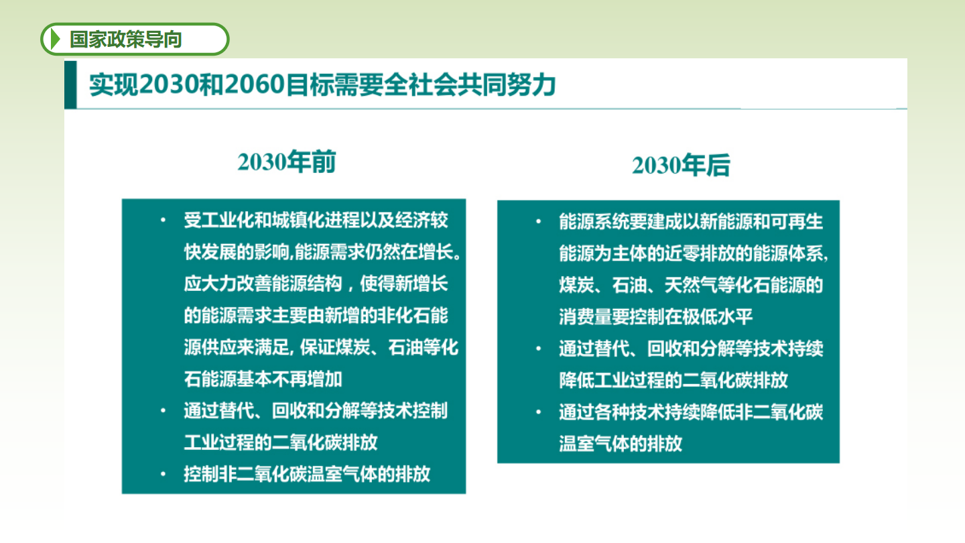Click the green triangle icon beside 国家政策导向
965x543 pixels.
(55, 39)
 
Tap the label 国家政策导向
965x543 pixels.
(126, 39)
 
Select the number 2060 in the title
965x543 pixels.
(254, 84)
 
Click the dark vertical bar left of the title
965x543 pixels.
(70, 84)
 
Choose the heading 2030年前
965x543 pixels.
(287, 162)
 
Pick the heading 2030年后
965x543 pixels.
(681, 165)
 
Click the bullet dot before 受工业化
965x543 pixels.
(163, 220)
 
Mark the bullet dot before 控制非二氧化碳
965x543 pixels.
(163, 474)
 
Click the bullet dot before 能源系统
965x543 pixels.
(539, 221)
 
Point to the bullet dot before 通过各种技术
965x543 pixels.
(539, 412)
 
